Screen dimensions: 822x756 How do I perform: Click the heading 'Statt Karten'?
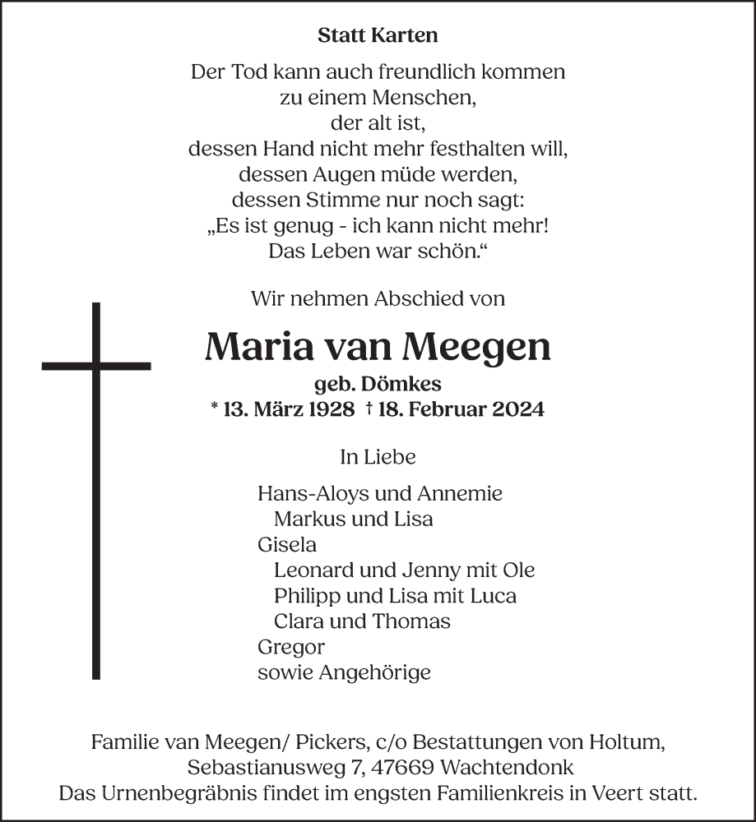click(378, 36)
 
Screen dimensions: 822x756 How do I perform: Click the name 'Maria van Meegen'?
click(378, 348)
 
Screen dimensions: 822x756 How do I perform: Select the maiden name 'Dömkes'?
click(410, 384)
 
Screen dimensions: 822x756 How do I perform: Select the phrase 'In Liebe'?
click(378, 456)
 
